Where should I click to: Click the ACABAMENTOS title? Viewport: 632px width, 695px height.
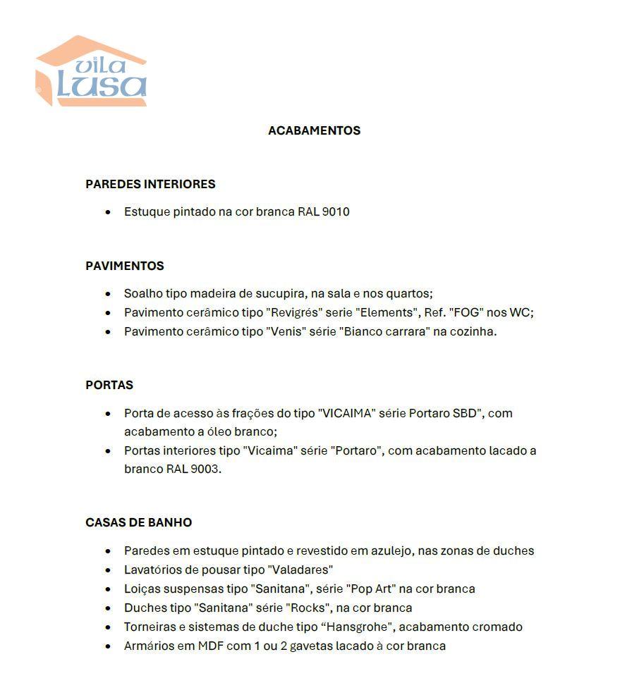pyautogui.click(x=314, y=130)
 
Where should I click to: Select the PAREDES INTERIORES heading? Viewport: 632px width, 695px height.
pyautogui.click(x=150, y=184)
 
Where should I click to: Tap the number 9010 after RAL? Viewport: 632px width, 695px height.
pyautogui.click(x=336, y=211)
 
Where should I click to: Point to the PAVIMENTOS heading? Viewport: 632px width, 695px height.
pyautogui.click(x=125, y=266)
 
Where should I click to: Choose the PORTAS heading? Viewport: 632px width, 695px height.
pyautogui.click(x=109, y=385)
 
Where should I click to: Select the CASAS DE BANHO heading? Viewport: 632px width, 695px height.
pyautogui.click(x=138, y=522)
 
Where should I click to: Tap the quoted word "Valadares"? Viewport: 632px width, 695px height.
pyautogui.click(x=300, y=570)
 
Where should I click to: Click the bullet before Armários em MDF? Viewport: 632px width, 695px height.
pyautogui.click(x=107, y=646)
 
